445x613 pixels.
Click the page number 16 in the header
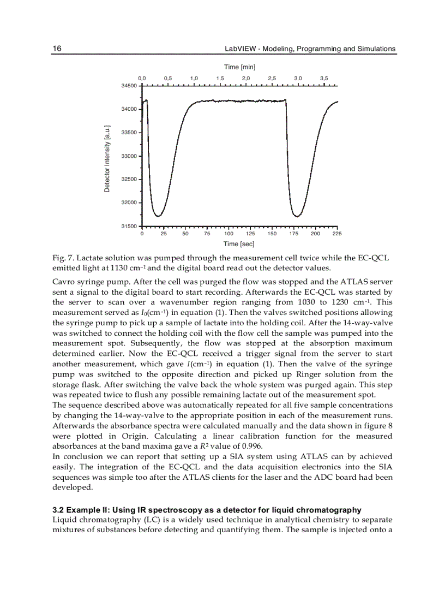coord(57,49)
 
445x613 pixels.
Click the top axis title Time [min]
coord(239,67)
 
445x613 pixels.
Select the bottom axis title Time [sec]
coord(239,244)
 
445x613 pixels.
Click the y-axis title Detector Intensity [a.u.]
coord(107,158)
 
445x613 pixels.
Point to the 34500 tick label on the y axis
coord(129,86)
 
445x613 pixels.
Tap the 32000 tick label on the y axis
coord(129,203)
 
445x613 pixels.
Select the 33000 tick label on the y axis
coord(129,156)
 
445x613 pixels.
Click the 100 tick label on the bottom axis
coord(228,234)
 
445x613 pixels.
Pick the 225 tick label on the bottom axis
coord(336,234)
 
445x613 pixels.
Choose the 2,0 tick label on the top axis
coord(246,78)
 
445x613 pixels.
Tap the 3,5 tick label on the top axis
coord(324,78)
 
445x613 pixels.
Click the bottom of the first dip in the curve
coord(158,216)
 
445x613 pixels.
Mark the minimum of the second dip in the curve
coord(297,216)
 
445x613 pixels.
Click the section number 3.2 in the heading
coord(58,510)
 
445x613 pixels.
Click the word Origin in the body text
coord(139,436)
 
